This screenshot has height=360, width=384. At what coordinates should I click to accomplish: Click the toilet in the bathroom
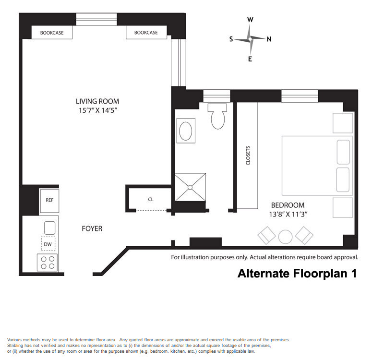(x=217, y=116)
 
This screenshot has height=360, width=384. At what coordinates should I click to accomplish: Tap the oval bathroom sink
(x=186, y=131)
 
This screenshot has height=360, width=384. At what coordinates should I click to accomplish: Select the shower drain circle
(x=190, y=187)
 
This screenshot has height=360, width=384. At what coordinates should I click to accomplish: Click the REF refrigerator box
(x=49, y=201)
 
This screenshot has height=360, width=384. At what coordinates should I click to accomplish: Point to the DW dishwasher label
(x=48, y=244)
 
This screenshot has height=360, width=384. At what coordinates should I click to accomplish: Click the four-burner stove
(x=48, y=262)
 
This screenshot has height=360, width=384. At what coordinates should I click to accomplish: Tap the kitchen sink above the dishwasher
(x=49, y=228)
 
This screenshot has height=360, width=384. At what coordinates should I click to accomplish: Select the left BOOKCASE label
(x=52, y=33)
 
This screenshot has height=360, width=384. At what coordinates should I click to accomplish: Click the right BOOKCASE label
(x=146, y=33)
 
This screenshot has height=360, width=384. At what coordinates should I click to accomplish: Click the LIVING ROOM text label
(x=97, y=101)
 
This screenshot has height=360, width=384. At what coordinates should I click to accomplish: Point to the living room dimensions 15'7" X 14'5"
(x=97, y=110)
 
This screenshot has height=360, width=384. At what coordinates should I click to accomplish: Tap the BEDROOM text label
(x=288, y=205)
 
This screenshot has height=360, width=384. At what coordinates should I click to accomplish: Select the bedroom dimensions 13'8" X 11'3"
(x=288, y=214)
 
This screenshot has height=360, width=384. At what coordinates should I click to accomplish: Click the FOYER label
(x=92, y=228)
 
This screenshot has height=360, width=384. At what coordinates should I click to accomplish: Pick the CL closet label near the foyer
(x=151, y=199)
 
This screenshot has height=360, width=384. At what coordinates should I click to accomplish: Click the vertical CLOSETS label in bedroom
(x=248, y=156)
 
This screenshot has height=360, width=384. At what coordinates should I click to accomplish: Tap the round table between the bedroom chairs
(x=285, y=237)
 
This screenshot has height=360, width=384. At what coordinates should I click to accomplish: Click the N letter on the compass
(x=269, y=39)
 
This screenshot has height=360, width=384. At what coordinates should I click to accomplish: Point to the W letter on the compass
(x=250, y=20)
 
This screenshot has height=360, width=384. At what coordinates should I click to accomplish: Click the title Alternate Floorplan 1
(x=297, y=273)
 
